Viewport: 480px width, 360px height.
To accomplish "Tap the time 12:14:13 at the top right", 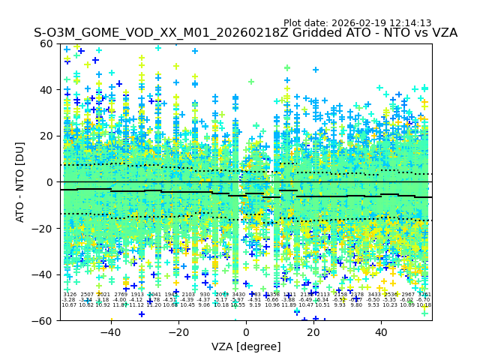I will pos(412,23).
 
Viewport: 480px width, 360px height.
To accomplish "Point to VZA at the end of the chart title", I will pos(442,34).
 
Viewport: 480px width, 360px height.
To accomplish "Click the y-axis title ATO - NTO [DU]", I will pos(21,181).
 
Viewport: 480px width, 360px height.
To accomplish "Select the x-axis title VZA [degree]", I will pos(246,346).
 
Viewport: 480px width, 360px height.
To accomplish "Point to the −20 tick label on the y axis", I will pos(44,228).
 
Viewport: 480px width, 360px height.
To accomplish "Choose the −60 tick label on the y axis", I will pos(44,320).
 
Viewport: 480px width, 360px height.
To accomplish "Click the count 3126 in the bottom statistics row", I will pos(70,295).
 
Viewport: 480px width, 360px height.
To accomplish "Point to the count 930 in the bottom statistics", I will pos(205,295).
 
